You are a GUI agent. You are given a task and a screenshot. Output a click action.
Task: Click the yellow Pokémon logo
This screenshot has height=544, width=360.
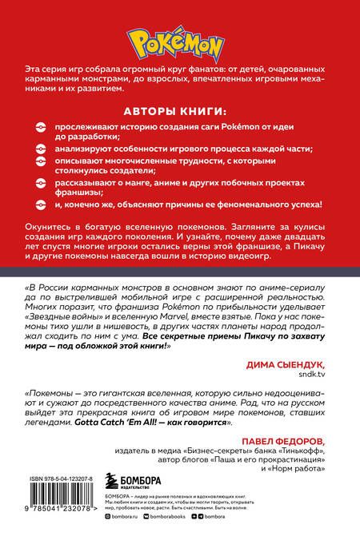click(179, 39)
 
